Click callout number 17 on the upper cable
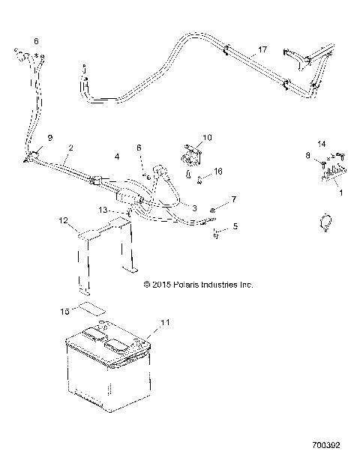tap(261, 50)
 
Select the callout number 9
tap(50, 138)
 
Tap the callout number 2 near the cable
tap(70, 149)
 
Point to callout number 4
tap(116, 157)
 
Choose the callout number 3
tap(193, 208)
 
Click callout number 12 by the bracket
tap(64, 221)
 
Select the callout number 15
tap(64, 309)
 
